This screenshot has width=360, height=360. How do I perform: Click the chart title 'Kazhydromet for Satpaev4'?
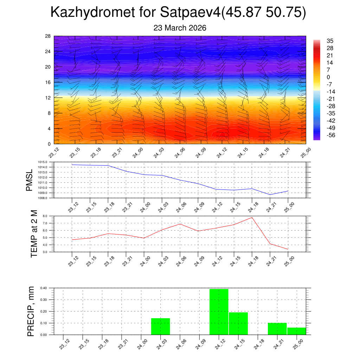click(x=135, y=13)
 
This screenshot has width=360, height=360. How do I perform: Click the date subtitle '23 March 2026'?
click(x=180, y=28)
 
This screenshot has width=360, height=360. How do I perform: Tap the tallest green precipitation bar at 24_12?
click(x=219, y=311)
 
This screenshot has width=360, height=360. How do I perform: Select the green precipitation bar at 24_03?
click(x=160, y=326)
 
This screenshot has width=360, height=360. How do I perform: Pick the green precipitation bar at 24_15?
click(x=238, y=323)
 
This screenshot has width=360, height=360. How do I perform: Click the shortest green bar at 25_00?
click(x=296, y=331)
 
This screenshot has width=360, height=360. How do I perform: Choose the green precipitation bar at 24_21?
click(x=277, y=329)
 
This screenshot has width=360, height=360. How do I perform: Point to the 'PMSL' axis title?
click(x=30, y=180)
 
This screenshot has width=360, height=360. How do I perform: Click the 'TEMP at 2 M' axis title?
click(x=34, y=234)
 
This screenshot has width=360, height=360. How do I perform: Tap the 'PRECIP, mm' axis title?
click(x=31, y=311)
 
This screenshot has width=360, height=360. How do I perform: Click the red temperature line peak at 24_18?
click(x=252, y=217)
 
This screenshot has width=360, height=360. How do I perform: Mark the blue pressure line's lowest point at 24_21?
click(x=270, y=194)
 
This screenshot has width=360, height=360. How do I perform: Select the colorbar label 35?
click(x=330, y=41)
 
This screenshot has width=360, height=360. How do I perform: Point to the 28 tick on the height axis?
click(x=48, y=36)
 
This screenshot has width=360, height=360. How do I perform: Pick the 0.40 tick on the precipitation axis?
click(x=44, y=288)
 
